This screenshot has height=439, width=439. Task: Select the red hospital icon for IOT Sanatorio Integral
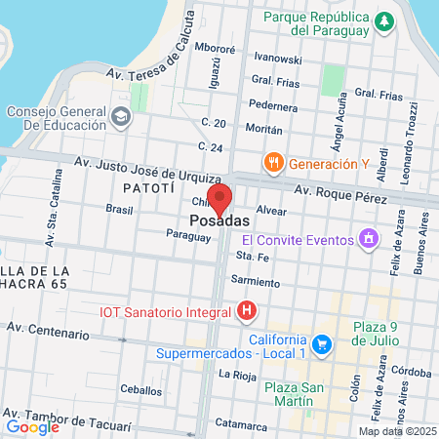pyautogui.click(x=248, y=312)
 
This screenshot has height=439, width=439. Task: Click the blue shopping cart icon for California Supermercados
pyautogui.click(x=324, y=343)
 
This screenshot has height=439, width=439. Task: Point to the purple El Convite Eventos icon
pyautogui.click(x=367, y=237)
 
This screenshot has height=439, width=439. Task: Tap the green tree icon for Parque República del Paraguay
pyautogui.click(x=386, y=21)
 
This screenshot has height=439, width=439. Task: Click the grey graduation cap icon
pyautogui.click(x=121, y=118)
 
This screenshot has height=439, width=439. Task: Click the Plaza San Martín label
pyautogui.click(x=281, y=395)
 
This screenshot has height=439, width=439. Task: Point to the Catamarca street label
pyautogui.click(x=241, y=423)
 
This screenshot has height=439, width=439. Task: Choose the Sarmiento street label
pyautogui.click(x=256, y=281)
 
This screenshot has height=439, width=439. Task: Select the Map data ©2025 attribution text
pyautogui.click(x=396, y=431)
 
